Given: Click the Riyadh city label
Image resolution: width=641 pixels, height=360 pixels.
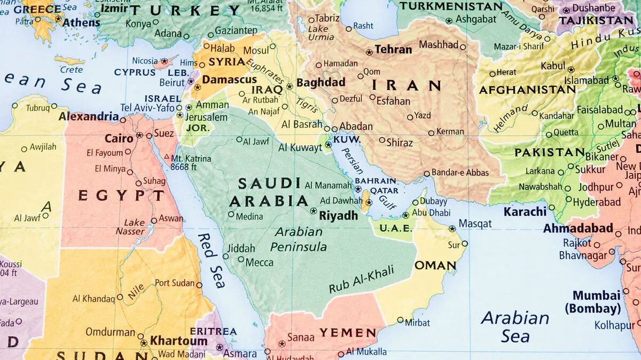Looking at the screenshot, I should (338, 216).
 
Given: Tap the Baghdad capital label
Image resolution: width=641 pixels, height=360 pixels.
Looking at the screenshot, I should (321, 83).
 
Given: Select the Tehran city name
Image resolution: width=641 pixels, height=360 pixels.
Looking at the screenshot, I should (393, 50).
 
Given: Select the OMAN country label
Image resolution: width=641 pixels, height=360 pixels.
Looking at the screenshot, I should (435, 265).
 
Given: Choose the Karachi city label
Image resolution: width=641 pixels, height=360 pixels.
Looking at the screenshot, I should (525, 211).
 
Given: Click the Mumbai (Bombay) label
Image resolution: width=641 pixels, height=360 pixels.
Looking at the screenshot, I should (597, 302).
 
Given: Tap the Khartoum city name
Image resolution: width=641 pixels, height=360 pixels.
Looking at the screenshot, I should (178, 340).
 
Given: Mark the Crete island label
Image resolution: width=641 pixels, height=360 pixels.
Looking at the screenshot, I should (71, 69).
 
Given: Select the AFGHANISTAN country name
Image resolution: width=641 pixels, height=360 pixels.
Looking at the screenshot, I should (527, 90).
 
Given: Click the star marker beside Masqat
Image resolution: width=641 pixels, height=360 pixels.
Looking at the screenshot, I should (452, 229).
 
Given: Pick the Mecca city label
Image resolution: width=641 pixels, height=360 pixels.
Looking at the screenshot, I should (259, 262).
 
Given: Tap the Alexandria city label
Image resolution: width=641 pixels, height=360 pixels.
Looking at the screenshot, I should (89, 116).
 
